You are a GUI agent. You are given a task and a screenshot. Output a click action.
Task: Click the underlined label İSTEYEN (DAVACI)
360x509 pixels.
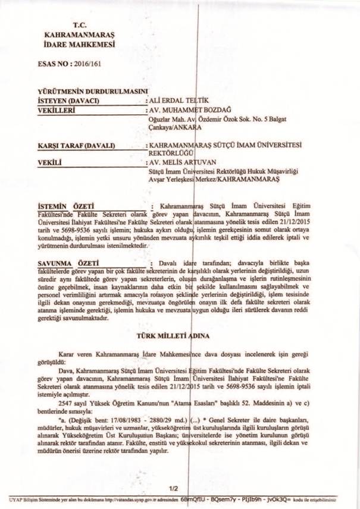click(x=64, y=101)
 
